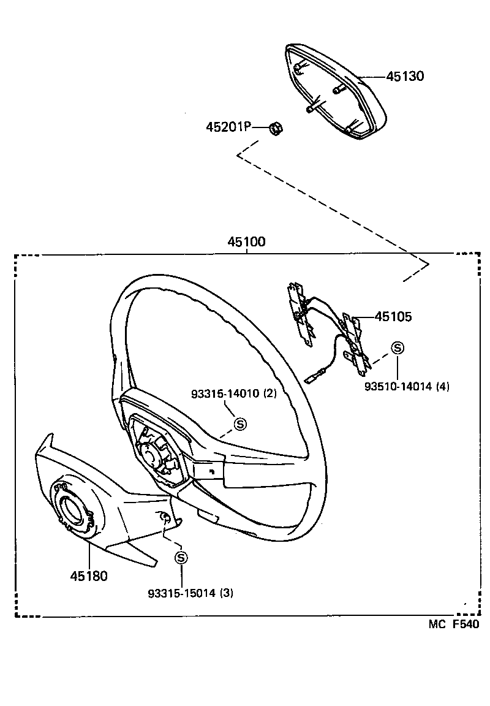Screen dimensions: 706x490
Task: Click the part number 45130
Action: click(405, 77)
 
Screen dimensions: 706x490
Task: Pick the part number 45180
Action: click(89, 576)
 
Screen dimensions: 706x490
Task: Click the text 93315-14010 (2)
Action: click(234, 394)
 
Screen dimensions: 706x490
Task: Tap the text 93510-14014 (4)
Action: click(407, 387)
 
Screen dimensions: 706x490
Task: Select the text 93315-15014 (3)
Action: click(190, 593)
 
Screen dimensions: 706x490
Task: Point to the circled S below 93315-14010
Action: click(240, 423)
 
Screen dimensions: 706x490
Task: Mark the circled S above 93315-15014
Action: click(181, 558)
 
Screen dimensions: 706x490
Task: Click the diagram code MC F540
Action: click(452, 625)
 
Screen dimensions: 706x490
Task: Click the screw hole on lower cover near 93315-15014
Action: click(165, 518)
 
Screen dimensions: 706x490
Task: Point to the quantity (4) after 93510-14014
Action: click(443, 387)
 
